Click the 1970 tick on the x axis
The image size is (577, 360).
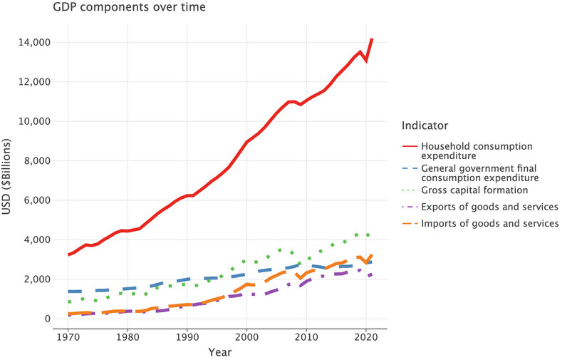(x=68, y=336)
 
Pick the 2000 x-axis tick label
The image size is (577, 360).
(x=246, y=336)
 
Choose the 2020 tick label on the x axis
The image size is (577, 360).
(x=365, y=336)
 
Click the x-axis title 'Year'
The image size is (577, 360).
(x=219, y=351)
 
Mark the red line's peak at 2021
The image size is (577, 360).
(x=372, y=39)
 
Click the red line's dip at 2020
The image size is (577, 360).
(x=366, y=61)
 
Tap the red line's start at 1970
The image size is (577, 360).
(x=68, y=254)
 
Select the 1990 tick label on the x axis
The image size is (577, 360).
(x=187, y=336)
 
